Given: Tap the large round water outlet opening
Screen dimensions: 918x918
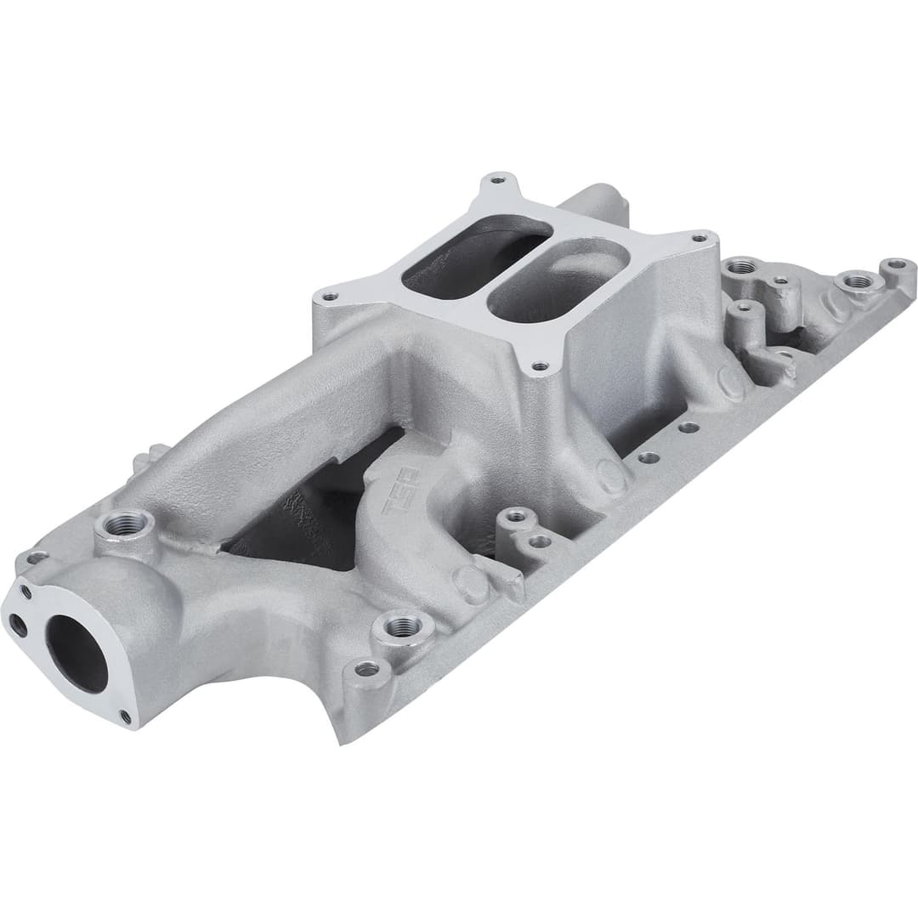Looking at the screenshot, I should click(x=76, y=652).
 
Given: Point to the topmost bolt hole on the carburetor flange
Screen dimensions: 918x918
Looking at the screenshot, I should click(x=498, y=181).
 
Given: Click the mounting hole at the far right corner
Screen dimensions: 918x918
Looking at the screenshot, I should click(x=897, y=265).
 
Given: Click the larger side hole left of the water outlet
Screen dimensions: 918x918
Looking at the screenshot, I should click(x=18, y=626).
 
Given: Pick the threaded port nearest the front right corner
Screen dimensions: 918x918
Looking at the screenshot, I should click(x=403, y=627).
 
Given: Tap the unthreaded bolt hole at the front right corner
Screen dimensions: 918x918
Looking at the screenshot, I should click(x=366, y=670).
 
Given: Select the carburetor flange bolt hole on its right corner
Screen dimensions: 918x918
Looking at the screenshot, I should click(x=701, y=239).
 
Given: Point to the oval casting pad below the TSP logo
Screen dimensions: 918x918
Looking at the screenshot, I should click(x=469, y=585).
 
